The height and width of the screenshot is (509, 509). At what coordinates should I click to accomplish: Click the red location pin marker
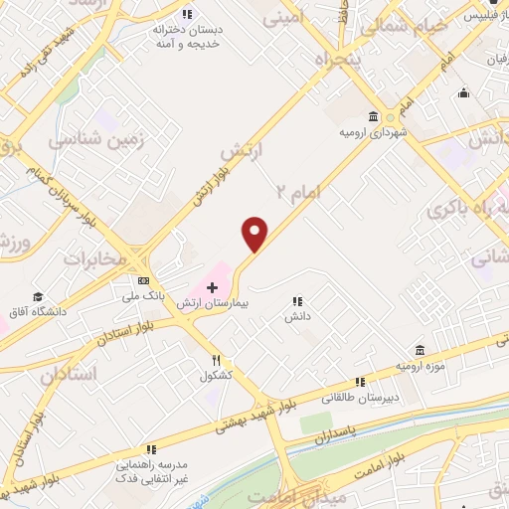(x=255, y=234)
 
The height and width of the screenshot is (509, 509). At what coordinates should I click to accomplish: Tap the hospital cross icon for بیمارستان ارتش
(x=211, y=286)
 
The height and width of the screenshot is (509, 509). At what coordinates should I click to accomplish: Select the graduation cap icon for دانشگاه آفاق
(x=38, y=296)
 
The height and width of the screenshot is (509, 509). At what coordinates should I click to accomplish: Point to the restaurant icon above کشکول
(x=216, y=360)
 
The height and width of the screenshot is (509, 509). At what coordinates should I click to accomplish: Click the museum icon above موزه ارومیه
(x=420, y=351)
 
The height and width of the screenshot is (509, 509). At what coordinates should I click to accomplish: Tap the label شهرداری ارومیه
(x=374, y=131)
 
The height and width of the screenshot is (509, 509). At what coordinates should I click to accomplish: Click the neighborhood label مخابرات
(x=97, y=258)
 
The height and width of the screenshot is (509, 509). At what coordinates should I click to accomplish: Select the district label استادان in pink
(x=72, y=374)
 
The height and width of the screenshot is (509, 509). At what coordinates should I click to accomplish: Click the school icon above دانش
(x=295, y=301)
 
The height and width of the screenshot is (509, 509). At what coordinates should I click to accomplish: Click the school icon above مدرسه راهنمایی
(x=150, y=449)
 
